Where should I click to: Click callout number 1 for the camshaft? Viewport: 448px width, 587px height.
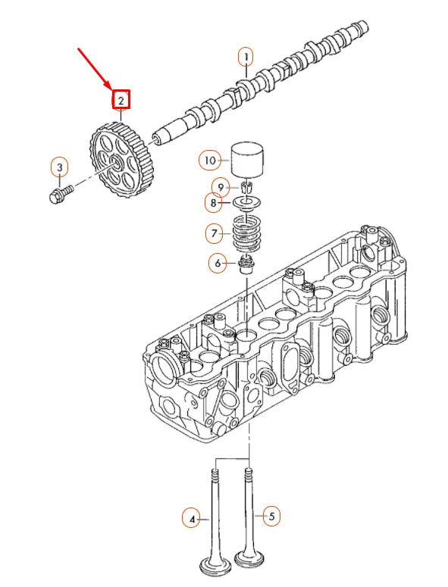click(x=246, y=58)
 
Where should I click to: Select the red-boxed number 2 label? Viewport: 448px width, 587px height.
click(x=121, y=100)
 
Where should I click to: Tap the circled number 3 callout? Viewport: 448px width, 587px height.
click(x=60, y=167)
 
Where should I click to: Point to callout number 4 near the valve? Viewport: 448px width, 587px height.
click(x=192, y=519)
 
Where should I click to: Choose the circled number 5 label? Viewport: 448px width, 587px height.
click(x=271, y=517)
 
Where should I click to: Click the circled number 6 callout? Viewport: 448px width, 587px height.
click(x=218, y=264)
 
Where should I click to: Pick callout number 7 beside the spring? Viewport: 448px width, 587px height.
click(x=215, y=233)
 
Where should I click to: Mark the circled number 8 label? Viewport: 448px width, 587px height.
click(x=214, y=203)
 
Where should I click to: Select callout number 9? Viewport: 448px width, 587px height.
click(x=221, y=187)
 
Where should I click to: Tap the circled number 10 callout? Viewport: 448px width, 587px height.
click(x=210, y=161)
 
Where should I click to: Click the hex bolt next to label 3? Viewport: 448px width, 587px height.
click(x=61, y=195)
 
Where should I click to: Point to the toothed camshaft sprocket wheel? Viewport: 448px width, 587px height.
click(x=121, y=161)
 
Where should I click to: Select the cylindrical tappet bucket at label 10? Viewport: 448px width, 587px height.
click(x=247, y=160)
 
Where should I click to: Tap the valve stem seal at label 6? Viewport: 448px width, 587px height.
click(x=246, y=264)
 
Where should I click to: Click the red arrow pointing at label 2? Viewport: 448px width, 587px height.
click(x=94, y=68)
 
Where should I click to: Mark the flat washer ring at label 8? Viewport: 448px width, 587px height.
click(x=246, y=203)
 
